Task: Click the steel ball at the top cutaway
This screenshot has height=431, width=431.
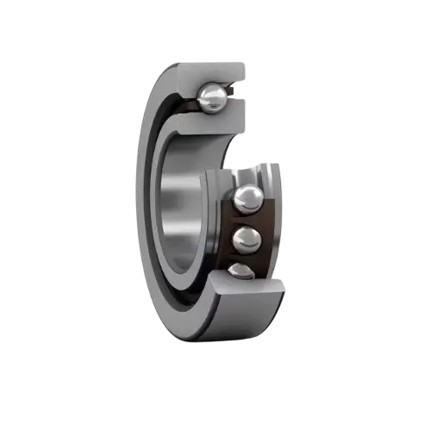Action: point(211,98)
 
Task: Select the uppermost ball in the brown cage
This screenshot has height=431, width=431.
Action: point(249,200)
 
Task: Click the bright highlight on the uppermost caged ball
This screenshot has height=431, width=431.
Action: point(246,195)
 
